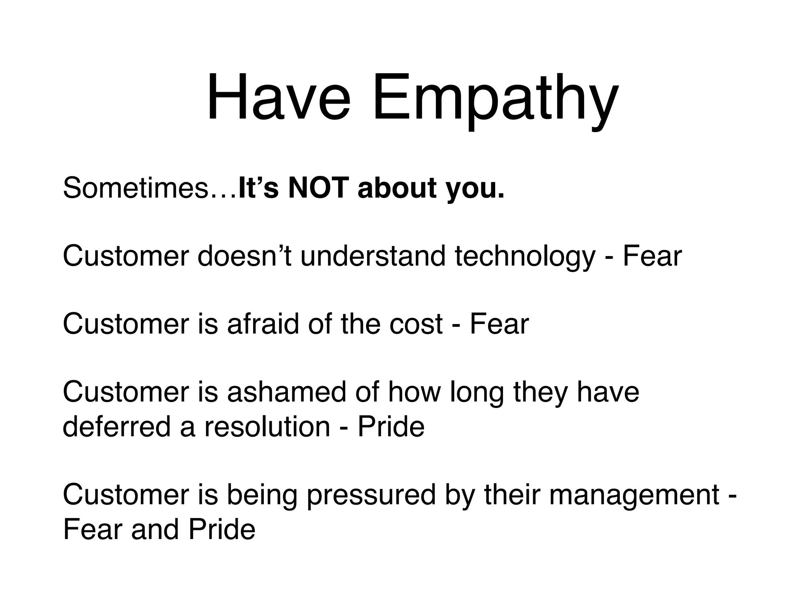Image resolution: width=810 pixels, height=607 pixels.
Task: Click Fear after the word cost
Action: [x=499, y=324]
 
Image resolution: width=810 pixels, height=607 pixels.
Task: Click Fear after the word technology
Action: [x=652, y=256]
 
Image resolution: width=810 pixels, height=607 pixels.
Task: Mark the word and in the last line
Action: [x=155, y=530]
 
